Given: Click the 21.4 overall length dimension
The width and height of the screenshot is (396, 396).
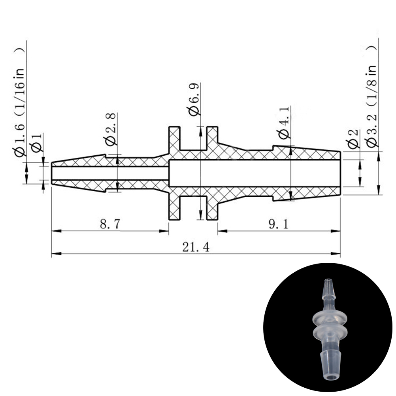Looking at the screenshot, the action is click(196, 247).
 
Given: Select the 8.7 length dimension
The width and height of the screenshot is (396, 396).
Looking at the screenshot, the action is click(110, 224).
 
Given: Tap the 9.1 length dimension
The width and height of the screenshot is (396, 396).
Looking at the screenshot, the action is click(278, 224).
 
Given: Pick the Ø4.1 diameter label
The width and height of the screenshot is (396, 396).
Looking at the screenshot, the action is click(285, 123).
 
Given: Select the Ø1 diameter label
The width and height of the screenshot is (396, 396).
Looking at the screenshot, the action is click(36, 143).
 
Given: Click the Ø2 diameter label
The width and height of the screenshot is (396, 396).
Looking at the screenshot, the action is click(353, 139).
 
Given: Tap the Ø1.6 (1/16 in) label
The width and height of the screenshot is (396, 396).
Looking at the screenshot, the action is click(19, 102).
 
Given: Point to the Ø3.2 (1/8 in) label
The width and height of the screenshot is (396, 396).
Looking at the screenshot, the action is click(372, 96).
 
